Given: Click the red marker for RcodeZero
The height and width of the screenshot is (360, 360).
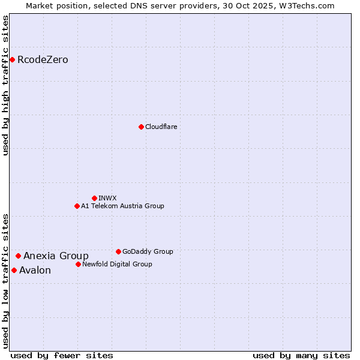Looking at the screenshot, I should click(x=12, y=59).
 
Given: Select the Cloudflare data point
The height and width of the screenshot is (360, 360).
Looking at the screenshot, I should click(x=141, y=127).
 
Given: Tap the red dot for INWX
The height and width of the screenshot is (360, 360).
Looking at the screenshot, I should click(x=94, y=198).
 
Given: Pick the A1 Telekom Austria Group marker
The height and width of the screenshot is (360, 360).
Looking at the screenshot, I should click(x=77, y=206).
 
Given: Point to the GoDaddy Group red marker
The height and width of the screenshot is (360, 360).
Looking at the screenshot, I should click(x=118, y=251).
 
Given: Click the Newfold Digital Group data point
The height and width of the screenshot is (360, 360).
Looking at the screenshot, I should click(x=78, y=264).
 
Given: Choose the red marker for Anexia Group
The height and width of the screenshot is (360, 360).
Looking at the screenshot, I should click(x=18, y=256).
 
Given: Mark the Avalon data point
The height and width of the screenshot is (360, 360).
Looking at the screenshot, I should click(x=14, y=270).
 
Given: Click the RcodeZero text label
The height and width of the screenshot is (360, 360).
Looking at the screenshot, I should click(x=43, y=60).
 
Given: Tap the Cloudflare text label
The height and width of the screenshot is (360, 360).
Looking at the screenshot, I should click(x=161, y=127).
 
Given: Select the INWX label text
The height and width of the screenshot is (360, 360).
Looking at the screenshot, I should click(x=107, y=198).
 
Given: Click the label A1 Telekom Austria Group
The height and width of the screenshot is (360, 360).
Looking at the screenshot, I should click(x=122, y=206).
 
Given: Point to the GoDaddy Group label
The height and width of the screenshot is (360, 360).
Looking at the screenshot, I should click(x=148, y=251).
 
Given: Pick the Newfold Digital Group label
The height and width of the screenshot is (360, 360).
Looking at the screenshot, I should click(x=117, y=264).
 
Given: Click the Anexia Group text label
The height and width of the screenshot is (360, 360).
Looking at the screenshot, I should click(x=56, y=256).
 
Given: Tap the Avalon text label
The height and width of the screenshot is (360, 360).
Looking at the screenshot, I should click(x=35, y=271).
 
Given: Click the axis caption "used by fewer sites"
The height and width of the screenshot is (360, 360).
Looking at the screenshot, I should click(x=62, y=355).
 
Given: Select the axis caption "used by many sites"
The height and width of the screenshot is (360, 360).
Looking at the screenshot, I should click(x=301, y=355).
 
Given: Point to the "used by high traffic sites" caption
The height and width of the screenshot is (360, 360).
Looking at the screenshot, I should click(x=5, y=85).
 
